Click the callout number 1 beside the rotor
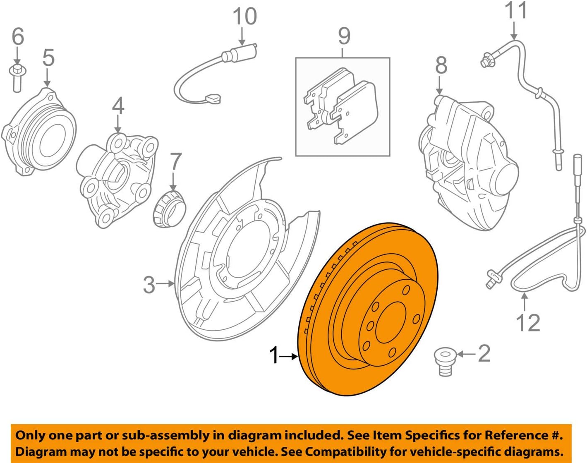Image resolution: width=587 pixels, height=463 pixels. point(275,355)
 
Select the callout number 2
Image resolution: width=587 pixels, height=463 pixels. point(484,354)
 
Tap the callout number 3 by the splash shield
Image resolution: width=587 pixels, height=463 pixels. point(149,285)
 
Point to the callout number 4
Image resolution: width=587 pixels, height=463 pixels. point(118,106)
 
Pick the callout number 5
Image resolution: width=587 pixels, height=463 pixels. point(48,58)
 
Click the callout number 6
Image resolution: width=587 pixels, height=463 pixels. point(17,36)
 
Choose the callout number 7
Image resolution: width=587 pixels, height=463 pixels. point(175,162)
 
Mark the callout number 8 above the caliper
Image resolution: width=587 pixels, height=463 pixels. point(441,65)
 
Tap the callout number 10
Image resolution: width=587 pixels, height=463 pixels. point(244,17)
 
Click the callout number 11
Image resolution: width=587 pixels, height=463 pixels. point(516,11)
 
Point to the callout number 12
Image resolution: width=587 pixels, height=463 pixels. point(528,323)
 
